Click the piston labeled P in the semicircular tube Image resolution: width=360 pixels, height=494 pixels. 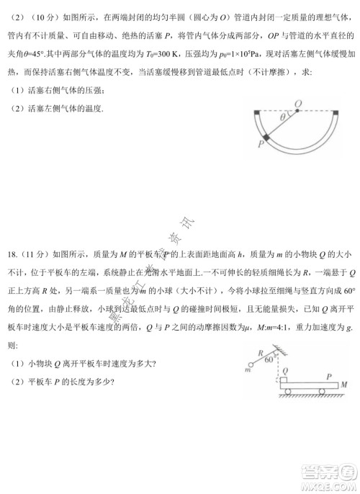point(266,138)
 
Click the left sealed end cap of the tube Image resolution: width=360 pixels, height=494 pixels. point(257,111)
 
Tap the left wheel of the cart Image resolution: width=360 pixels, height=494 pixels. point(289,392)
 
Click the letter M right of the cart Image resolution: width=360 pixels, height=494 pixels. point(345,386)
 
